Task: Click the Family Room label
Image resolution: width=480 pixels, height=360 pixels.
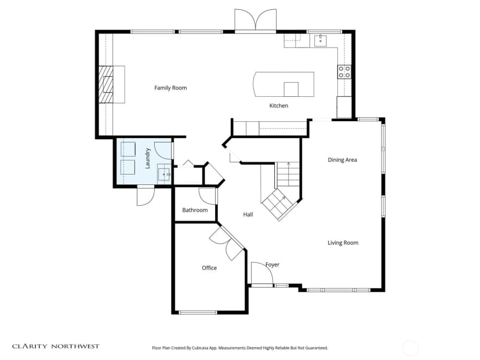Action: (170, 88)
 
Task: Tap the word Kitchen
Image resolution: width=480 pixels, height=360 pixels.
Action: (279, 106)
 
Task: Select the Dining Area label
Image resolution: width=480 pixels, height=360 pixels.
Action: (342, 160)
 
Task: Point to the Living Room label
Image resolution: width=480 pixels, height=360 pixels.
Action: (343, 243)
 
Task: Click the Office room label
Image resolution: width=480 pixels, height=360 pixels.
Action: (209, 268)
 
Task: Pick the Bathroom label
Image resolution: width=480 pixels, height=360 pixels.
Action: (195, 210)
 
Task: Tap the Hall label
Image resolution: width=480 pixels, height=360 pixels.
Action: (248, 214)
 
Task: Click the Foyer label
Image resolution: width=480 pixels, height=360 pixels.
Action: (272, 264)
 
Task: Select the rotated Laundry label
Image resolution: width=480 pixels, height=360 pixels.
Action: (147, 158)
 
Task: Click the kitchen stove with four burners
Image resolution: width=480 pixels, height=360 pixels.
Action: (344, 72)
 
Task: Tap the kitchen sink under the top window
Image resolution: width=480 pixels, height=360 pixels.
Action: (320, 41)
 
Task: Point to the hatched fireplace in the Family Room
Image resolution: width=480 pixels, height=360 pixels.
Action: (106, 85)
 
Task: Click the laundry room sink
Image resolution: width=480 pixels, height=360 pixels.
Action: (164, 174)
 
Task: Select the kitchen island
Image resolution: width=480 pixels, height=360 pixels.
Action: (283, 84)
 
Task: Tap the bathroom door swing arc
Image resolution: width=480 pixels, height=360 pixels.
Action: (207, 196)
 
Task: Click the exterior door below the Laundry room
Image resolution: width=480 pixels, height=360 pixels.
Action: (146, 196)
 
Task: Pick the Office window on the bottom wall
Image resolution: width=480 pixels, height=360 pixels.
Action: (198, 312)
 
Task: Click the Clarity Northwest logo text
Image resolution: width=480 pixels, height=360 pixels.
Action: (56, 346)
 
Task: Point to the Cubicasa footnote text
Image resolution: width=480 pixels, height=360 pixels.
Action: (240, 348)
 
